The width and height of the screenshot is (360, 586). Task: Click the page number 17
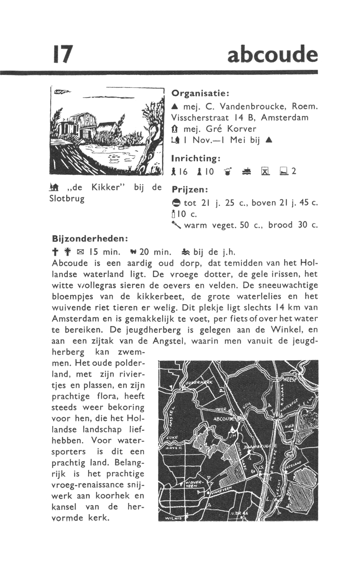pyautogui.click(x=62, y=54)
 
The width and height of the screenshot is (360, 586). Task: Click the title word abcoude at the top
pyautogui.click(x=272, y=55)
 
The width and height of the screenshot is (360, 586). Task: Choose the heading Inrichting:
pyautogui.click(x=195, y=159)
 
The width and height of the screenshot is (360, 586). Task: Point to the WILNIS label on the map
pyautogui.click(x=173, y=518)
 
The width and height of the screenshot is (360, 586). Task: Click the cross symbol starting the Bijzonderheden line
pyautogui.click(x=54, y=252)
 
